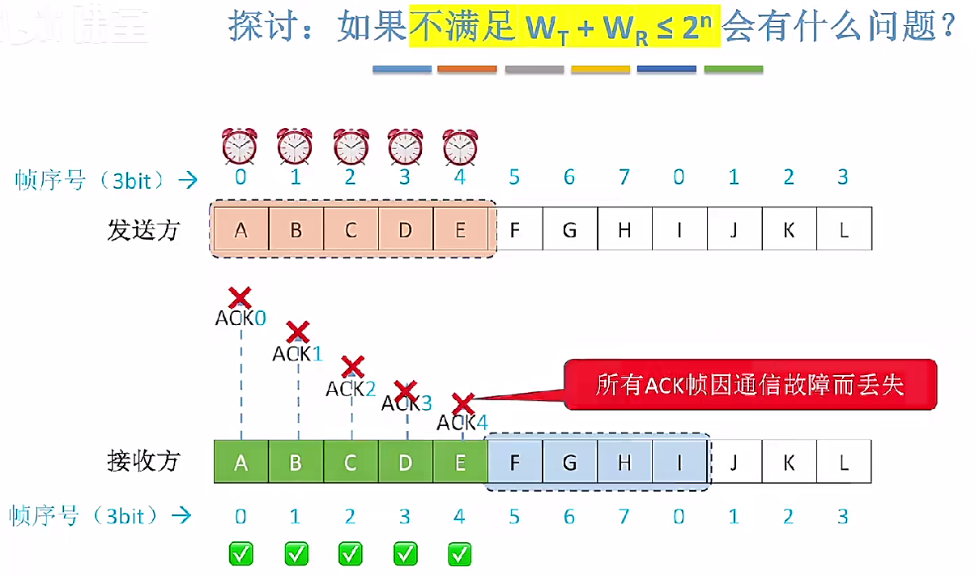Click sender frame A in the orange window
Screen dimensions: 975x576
[x=241, y=230]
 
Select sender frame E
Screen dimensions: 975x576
[x=460, y=230]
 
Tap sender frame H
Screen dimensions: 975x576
[x=624, y=230]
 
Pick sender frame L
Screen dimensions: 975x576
[x=844, y=230]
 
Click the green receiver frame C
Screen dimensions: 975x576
[x=351, y=463]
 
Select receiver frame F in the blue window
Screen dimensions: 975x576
[x=515, y=463]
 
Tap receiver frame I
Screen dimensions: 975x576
[x=679, y=463]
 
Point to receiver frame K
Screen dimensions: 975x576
[x=789, y=463]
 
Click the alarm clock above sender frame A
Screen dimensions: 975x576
[x=240, y=147]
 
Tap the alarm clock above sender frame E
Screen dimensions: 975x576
[x=460, y=147]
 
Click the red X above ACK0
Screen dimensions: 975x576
[x=239, y=297]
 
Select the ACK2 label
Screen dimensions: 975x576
[x=351, y=389]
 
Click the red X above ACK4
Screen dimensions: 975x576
[x=462, y=403]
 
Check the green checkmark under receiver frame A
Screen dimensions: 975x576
[x=241, y=554]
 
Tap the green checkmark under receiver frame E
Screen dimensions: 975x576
[x=460, y=554]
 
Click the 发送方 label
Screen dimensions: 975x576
[x=143, y=231]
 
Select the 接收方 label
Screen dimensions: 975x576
[x=143, y=462]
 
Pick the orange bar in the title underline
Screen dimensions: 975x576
[x=467, y=70]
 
